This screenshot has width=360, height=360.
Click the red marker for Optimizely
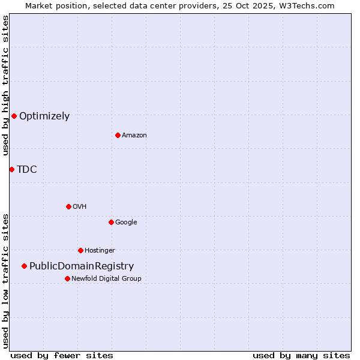point(14,116)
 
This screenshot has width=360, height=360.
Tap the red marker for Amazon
point(118,135)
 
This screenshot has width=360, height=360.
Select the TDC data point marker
point(11,169)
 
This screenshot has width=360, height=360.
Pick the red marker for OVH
point(68,206)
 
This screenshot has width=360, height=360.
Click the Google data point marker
point(111,222)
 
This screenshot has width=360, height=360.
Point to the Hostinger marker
point(80,250)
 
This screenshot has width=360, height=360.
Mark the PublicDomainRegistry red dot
point(24,266)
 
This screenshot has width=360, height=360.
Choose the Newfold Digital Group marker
point(67,278)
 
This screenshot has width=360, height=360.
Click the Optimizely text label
point(44,116)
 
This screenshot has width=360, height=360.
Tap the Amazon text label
point(134,136)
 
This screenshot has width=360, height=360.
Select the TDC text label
point(27,170)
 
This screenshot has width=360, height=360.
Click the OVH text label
point(80,207)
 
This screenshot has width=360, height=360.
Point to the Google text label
point(126,223)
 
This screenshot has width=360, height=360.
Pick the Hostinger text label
point(100,251)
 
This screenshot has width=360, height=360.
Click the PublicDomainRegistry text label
point(82,266)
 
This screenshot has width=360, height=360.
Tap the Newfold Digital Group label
point(106,279)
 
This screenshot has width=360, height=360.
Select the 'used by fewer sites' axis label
point(62,355)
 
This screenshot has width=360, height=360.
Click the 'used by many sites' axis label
point(301,355)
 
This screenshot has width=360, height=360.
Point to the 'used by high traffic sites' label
point(5,85)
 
